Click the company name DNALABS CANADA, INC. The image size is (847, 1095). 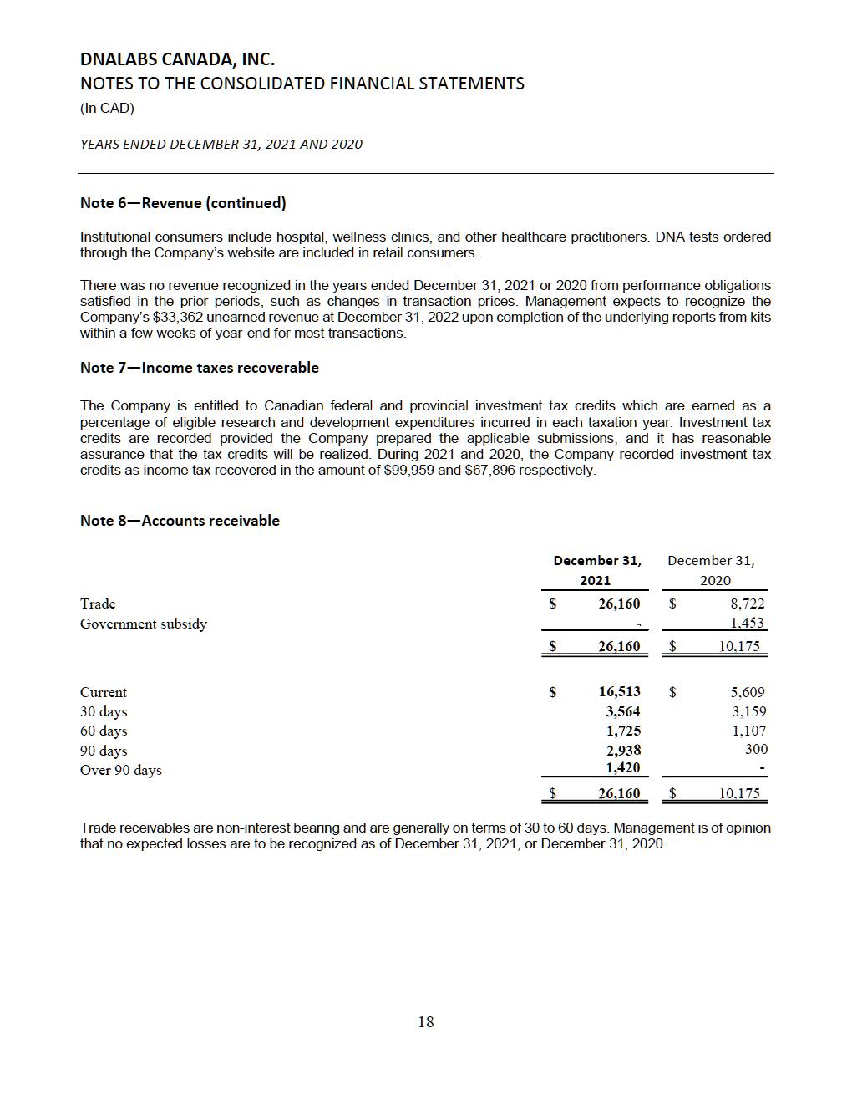177,59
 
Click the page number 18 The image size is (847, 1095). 425,1021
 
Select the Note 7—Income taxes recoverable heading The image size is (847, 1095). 199,368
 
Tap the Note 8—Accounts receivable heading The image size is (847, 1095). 180,521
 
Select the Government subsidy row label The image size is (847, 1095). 143,624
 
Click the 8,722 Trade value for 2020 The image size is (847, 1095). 747,604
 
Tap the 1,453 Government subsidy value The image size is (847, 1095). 747,623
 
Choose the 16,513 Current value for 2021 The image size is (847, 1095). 619,691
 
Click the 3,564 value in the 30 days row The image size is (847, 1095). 622,711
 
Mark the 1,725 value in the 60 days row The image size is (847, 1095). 622,731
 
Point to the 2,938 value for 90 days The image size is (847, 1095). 623,750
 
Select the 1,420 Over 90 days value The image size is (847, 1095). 622,767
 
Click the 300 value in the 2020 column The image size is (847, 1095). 755,750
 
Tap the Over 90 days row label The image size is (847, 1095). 120,770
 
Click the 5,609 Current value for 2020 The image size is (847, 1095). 747,692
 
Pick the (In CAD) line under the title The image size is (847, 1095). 107,109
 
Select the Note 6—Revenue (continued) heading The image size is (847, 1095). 183,203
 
